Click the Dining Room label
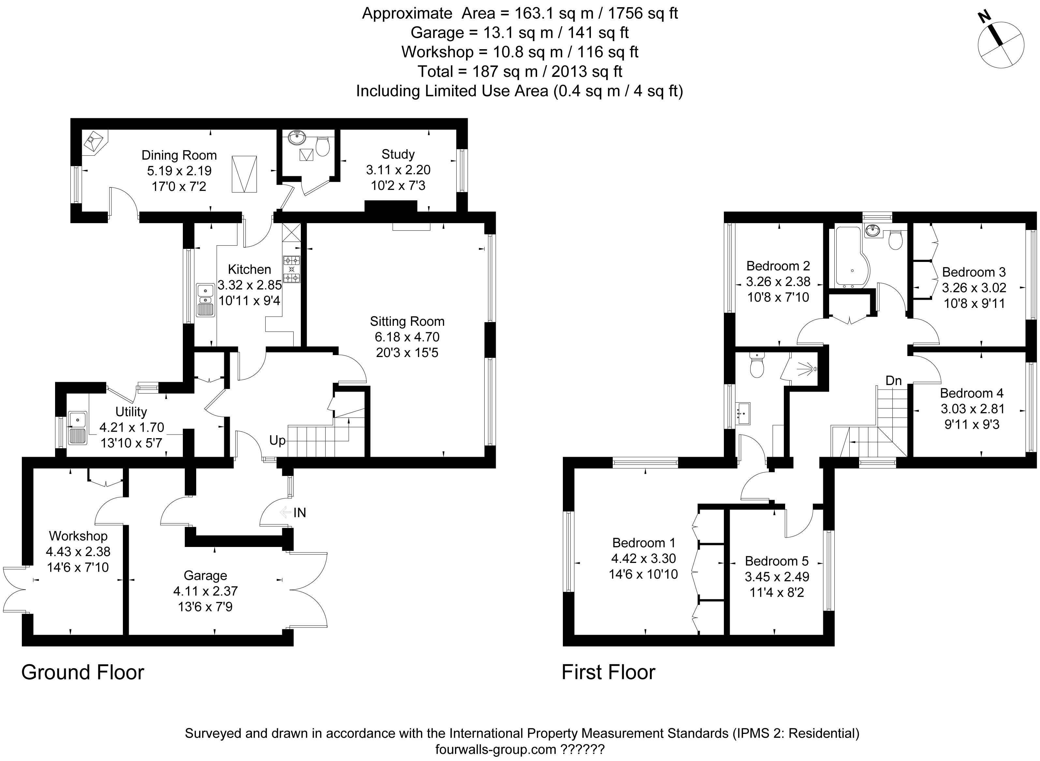click(x=179, y=155)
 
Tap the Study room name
click(x=398, y=154)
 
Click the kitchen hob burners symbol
click(x=291, y=269)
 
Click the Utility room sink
click(x=78, y=428)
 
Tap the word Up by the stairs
click(x=277, y=441)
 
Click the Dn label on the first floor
click(x=894, y=380)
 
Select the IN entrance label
click(x=300, y=513)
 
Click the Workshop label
click(x=78, y=536)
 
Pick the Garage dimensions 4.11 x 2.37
click(x=206, y=592)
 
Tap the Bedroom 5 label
click(x=777, y=561)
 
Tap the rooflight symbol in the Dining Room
click(x=244, y=174)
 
